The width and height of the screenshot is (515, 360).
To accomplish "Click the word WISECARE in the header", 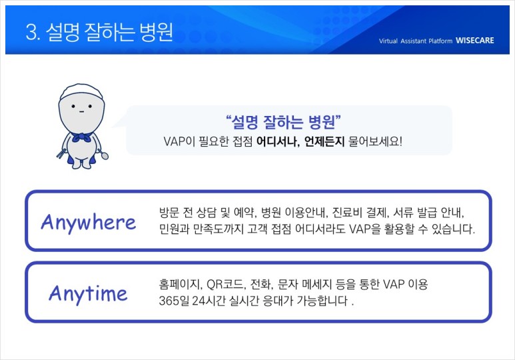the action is pyautogui.click(x=474, y=41).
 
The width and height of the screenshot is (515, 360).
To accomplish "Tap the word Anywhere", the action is pyautogui.click(x=89, y=222).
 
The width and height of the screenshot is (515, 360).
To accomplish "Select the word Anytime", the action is pyautogui.click(x=88, y=293).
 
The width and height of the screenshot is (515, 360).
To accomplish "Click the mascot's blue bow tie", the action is pyautogui.click(x=81, y=137).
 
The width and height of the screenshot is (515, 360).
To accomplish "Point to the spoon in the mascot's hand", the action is pyautogui.click(x=103, y=154).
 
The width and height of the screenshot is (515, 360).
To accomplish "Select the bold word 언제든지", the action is pyautogui.click(x=324, y=142).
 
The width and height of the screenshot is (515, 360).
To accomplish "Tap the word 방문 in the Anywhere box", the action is pyautogui.click(x=169, y=213).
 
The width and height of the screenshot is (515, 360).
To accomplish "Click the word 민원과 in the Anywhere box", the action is pyautogui.click(x=174, y=229).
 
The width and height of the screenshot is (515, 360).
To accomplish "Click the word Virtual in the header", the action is pyautogui.click(x=388, y=41).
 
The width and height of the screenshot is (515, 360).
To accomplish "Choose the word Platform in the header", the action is pyautogui.click(x=440, y=41).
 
